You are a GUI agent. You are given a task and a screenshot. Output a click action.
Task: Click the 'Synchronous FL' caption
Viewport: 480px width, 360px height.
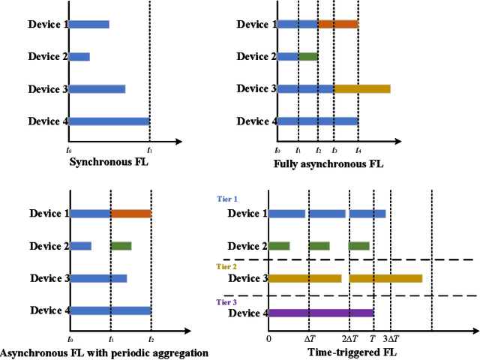[109, 161]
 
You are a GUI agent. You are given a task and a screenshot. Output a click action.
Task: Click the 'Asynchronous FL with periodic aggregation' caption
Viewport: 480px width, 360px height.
[103, 352]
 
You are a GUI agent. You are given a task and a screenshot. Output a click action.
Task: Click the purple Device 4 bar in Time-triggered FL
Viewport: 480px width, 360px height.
[320, 313]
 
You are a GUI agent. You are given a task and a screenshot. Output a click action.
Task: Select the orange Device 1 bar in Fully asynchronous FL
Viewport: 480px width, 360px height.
[337, 24]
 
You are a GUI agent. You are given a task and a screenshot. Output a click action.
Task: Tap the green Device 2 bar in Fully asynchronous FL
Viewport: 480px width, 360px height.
[307, 56]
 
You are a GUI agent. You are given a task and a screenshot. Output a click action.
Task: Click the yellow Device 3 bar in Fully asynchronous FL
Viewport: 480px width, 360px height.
[361, 88]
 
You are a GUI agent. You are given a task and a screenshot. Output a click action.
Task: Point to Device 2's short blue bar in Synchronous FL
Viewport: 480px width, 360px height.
[79, 56]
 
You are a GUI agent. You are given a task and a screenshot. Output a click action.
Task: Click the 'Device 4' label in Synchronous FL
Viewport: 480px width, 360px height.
[48, 121]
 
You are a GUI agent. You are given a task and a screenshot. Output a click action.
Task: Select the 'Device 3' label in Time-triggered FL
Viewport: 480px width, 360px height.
[247, 278]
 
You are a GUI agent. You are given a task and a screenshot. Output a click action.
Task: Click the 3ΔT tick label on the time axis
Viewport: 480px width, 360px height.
[391, 339]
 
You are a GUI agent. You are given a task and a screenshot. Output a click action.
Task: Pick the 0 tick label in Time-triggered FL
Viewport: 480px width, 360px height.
[268, 339]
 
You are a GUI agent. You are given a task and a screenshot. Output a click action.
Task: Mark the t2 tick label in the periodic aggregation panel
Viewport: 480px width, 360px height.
[151, 340]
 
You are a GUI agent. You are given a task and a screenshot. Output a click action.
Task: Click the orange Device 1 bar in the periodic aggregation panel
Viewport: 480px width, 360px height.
[130, 214]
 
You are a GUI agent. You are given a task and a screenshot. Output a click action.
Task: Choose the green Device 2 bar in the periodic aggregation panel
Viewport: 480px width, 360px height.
[121, 246]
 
